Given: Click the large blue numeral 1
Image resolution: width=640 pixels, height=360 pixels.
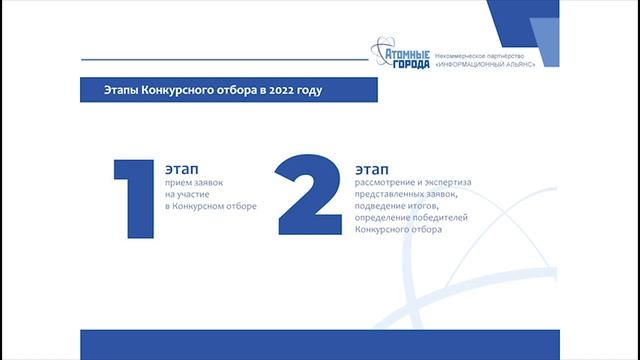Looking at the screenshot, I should pos(134,197).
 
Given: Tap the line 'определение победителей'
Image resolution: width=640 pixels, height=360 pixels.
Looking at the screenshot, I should pos(411,218).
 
